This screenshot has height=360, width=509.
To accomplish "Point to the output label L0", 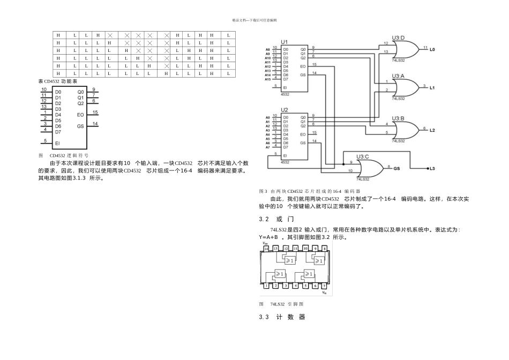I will click(x=432, y=49).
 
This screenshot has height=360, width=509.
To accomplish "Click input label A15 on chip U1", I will click(x=267, y=79).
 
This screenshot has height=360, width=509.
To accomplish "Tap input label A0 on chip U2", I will click(x=268, y=117).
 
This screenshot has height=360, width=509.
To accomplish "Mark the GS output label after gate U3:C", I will click(x=397, y=168).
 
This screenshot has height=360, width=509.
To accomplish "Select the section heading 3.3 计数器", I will click(x=282, y=317).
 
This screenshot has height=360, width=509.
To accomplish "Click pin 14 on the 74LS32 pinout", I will click(x=266, y=249).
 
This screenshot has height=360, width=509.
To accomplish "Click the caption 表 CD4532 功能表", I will click(x=58, y=81).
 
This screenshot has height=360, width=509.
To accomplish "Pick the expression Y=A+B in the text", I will click(x=268, y=237).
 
